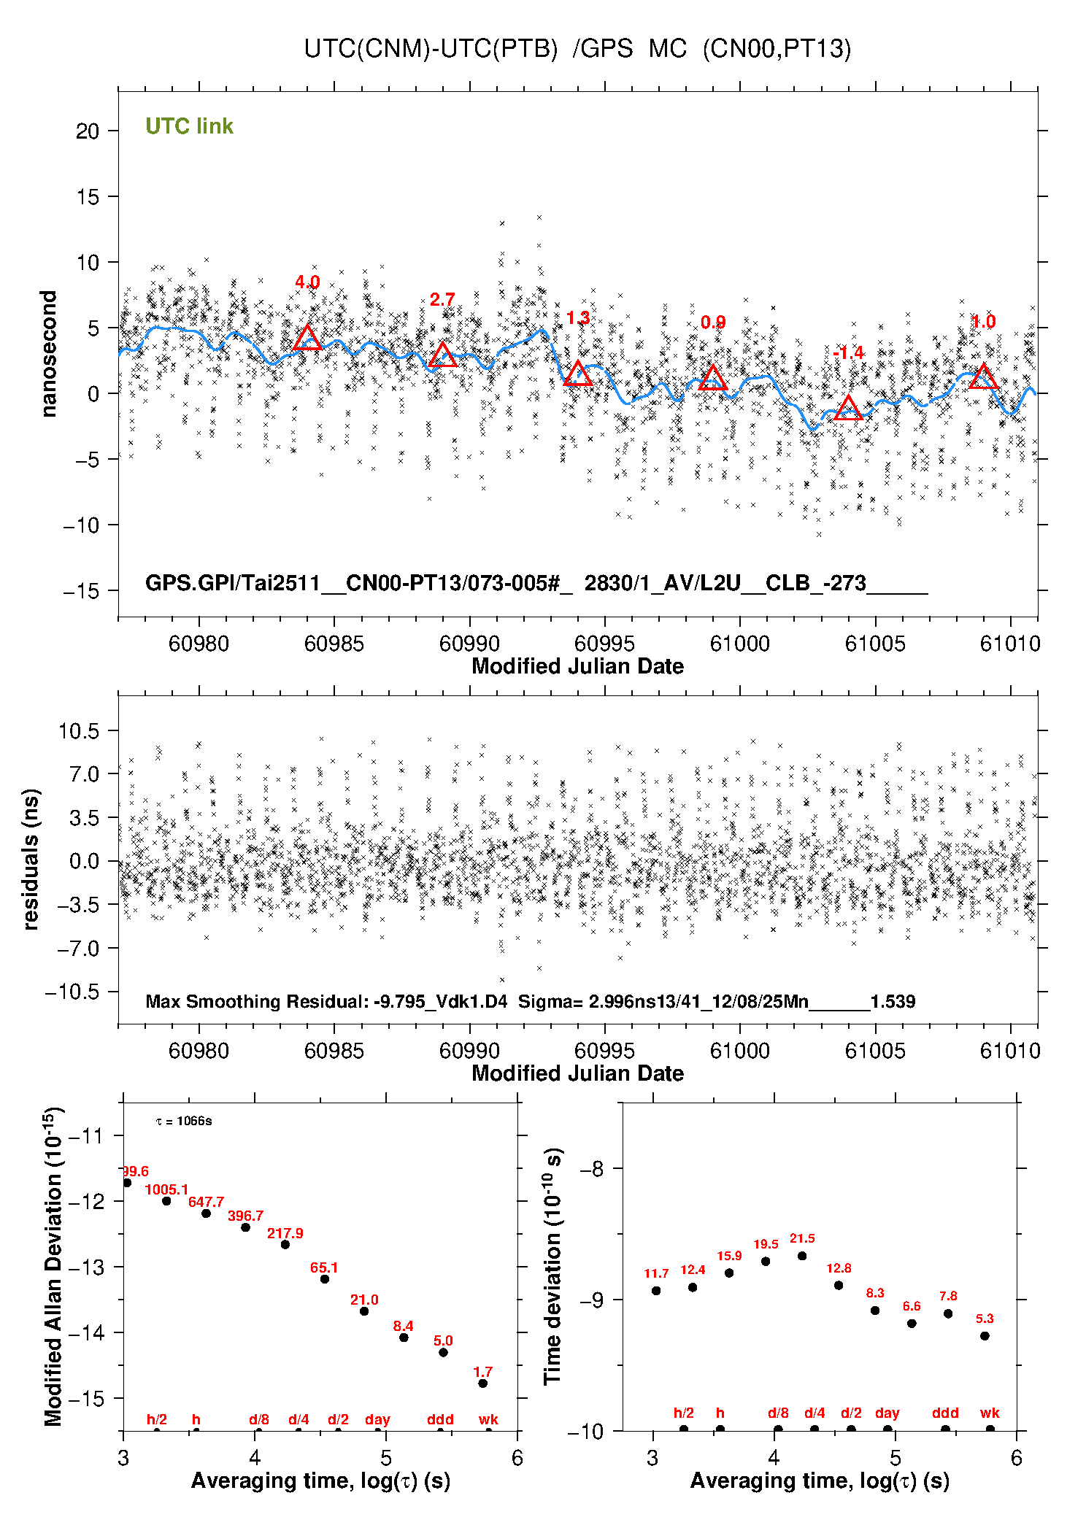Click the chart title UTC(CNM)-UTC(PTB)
(x=431, y=49)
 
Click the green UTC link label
(x=189, y=126)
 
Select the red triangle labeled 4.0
(x=307, y=338)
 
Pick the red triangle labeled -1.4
(x=848, y=408)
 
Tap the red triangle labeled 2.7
(x=442, y=355)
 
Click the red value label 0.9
(x=713, y=323)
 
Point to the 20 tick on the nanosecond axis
(x=88, y=131)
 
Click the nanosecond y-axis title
(x=48, y=354)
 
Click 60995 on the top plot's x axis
(x=604, y=644)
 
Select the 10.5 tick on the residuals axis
(x=79, y=731)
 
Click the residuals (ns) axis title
(x=31, y=860)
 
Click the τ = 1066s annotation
(x=184, y=1121)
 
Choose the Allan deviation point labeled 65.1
(x=325, y=1279)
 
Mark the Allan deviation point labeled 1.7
(x=482, y=1383)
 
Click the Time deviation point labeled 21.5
(x=802, y=1256)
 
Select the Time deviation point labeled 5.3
(x=985, y=1336)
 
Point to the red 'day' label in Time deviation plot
(x=887, y=1413)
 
